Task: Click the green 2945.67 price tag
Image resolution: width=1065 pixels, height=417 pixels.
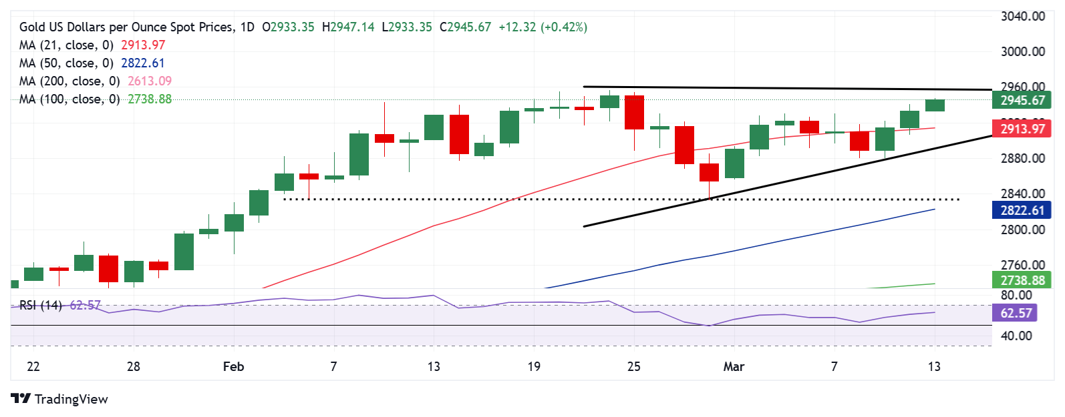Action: tap(1022, 101)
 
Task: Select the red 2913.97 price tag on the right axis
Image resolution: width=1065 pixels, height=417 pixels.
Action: tap(1022, 129)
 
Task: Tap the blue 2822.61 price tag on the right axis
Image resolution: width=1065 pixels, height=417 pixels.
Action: tap(1022, 210)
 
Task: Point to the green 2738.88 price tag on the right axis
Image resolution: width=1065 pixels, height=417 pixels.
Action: tap(1022, 280)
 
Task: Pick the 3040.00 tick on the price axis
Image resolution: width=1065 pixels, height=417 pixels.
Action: tap(1022, 16)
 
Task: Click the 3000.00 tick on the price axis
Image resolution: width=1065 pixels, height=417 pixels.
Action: tap(1022, 51)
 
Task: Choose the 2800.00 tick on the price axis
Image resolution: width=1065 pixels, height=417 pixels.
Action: tap(1022, 230)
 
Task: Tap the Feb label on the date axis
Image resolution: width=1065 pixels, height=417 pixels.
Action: tap(233, 366)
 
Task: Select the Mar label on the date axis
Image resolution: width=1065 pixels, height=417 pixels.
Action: tap(734, 366)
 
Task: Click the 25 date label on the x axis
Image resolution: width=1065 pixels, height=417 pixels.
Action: tap(633, 366)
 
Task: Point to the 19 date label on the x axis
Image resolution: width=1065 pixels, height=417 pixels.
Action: tap(533, 366)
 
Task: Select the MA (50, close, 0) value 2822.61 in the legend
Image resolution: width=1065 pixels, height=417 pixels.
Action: tap(142, 63)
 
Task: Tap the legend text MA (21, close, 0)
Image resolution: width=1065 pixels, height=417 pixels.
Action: tap(66, 45)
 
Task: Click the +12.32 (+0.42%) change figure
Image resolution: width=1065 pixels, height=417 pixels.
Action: tap(543, 27)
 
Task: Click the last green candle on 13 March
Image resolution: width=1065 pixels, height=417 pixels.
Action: tap(935, 105)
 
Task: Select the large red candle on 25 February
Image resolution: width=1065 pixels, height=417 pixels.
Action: tap(634, 112)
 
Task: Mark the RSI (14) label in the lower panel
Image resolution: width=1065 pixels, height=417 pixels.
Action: tap(40, 305)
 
